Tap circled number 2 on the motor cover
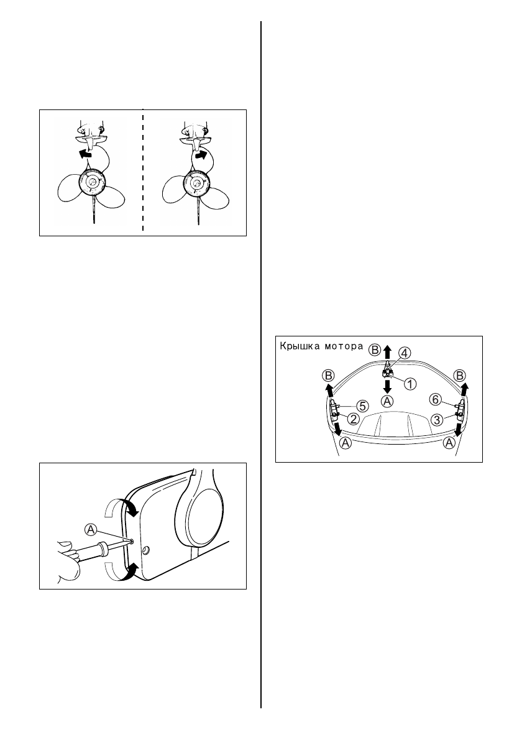(352, 419)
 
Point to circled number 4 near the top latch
(404, 353)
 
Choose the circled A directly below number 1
(387, 401)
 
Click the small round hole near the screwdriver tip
(145, 550)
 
